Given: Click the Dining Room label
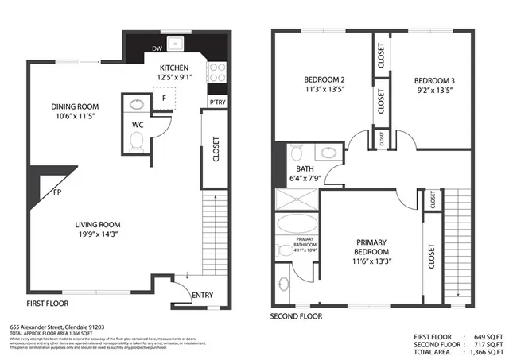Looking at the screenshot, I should [x=75, y=106].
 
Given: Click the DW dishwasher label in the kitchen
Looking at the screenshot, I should [x=157, y=49].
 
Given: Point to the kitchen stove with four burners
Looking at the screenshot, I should [x=216, y=73].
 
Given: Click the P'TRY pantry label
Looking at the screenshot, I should [x=216, y=103].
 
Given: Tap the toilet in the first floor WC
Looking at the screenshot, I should [x=136, y=141].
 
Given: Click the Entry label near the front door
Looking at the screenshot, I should [x=203, y=296].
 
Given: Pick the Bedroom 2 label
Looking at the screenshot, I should [x=324, y=80].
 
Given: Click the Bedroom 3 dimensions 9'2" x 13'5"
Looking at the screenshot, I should [x=435, y=91].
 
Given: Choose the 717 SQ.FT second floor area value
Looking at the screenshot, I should [x=484, y=343].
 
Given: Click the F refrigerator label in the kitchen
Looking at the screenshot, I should [x=164, y=98].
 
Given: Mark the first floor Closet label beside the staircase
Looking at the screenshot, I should [x=216, y=150].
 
